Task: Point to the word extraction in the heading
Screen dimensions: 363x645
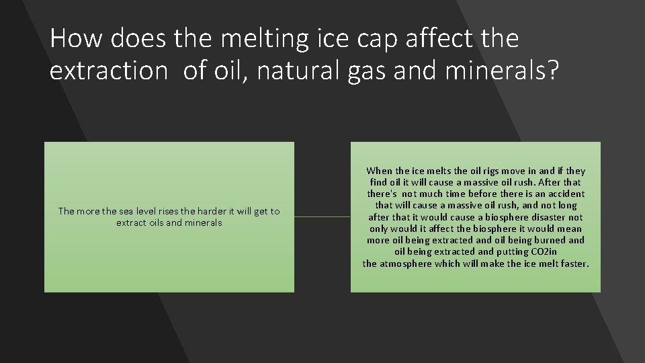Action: [x=108, y=70]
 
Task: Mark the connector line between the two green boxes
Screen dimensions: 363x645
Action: [x=322, y=216]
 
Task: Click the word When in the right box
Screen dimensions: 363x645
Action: [x=380, y=171]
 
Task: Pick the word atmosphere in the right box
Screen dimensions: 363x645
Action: [x=409, y=264]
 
